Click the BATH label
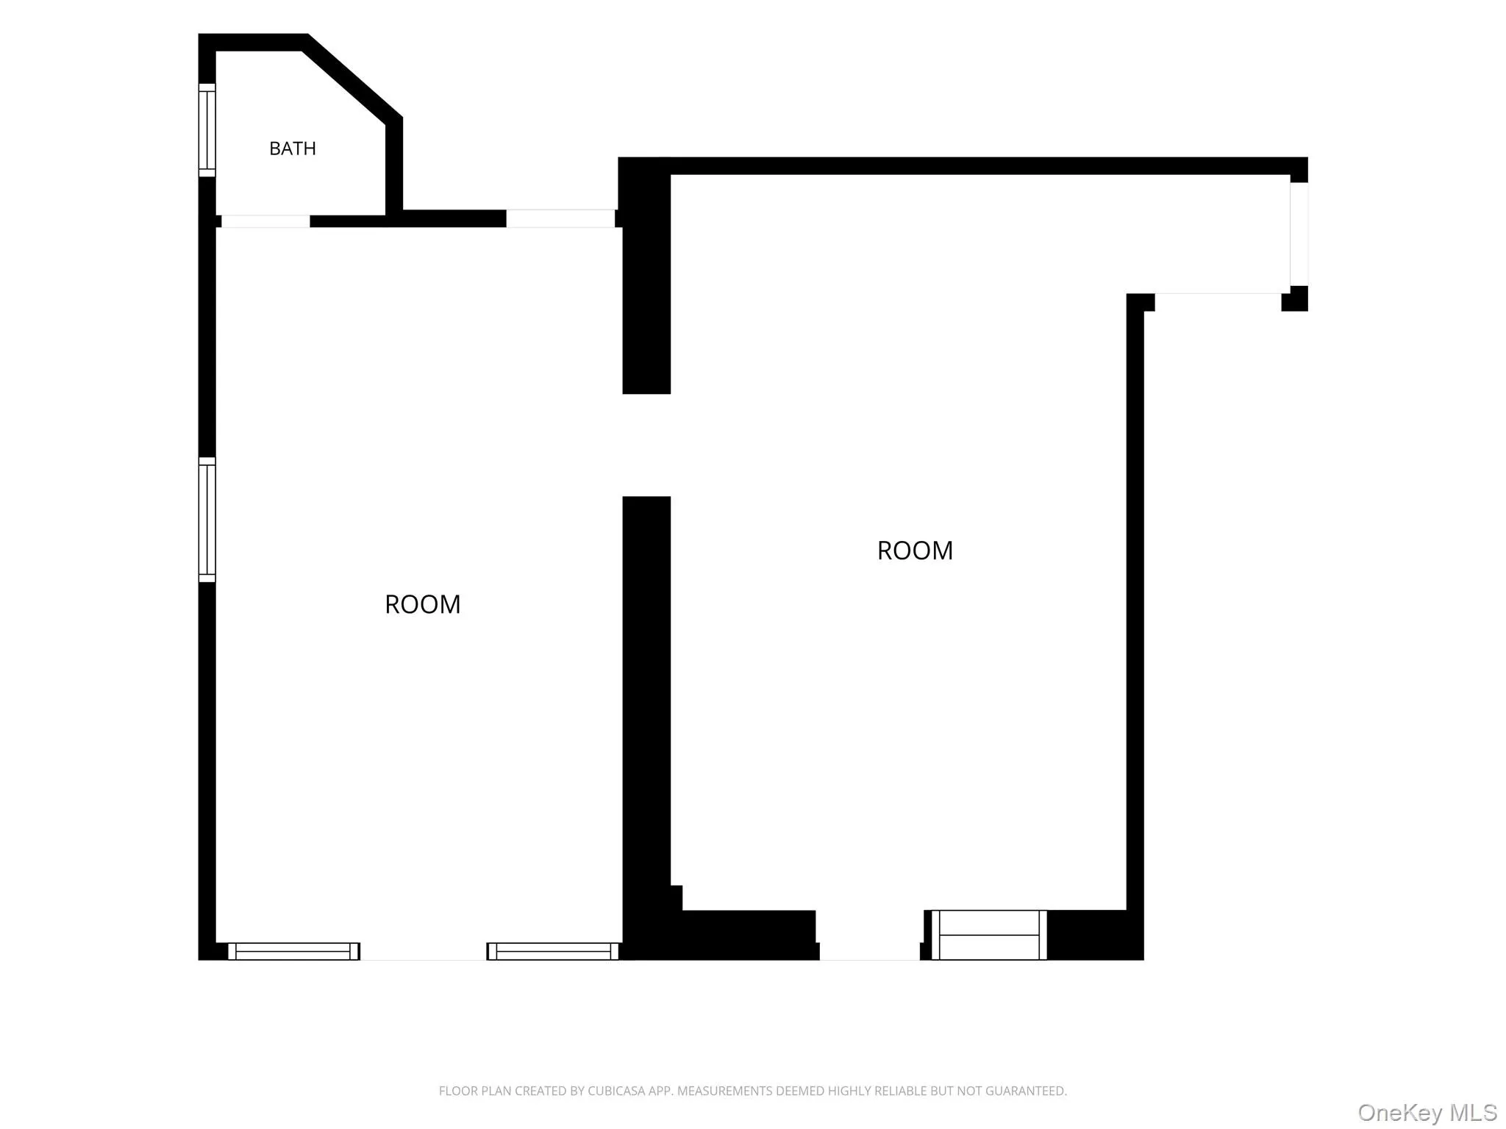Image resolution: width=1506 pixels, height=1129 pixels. tap(293, 148)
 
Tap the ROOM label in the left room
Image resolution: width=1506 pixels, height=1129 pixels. tap(423, 604)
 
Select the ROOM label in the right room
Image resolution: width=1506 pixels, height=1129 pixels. tap(915, 551)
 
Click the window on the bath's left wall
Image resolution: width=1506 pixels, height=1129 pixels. tap(207, 130)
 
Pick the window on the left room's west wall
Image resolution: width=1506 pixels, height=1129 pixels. tap(207, 520)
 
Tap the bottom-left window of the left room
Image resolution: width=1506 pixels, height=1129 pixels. tap(294, 951)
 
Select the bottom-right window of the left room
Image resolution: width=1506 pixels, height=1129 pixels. tap(553, 951)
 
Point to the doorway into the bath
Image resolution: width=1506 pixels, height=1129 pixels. tap(265, 221)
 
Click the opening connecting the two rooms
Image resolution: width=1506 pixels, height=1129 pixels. tap(646, 445)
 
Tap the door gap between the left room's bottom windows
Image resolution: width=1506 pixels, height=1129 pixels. tap(424, 952)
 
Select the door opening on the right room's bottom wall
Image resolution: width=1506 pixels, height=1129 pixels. tap(870, 936)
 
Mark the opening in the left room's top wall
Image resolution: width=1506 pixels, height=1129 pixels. tap(560, 218)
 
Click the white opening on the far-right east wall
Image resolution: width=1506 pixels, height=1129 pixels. tap(1299, 234)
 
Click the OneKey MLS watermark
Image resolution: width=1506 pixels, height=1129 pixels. tap(1427, 1112)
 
